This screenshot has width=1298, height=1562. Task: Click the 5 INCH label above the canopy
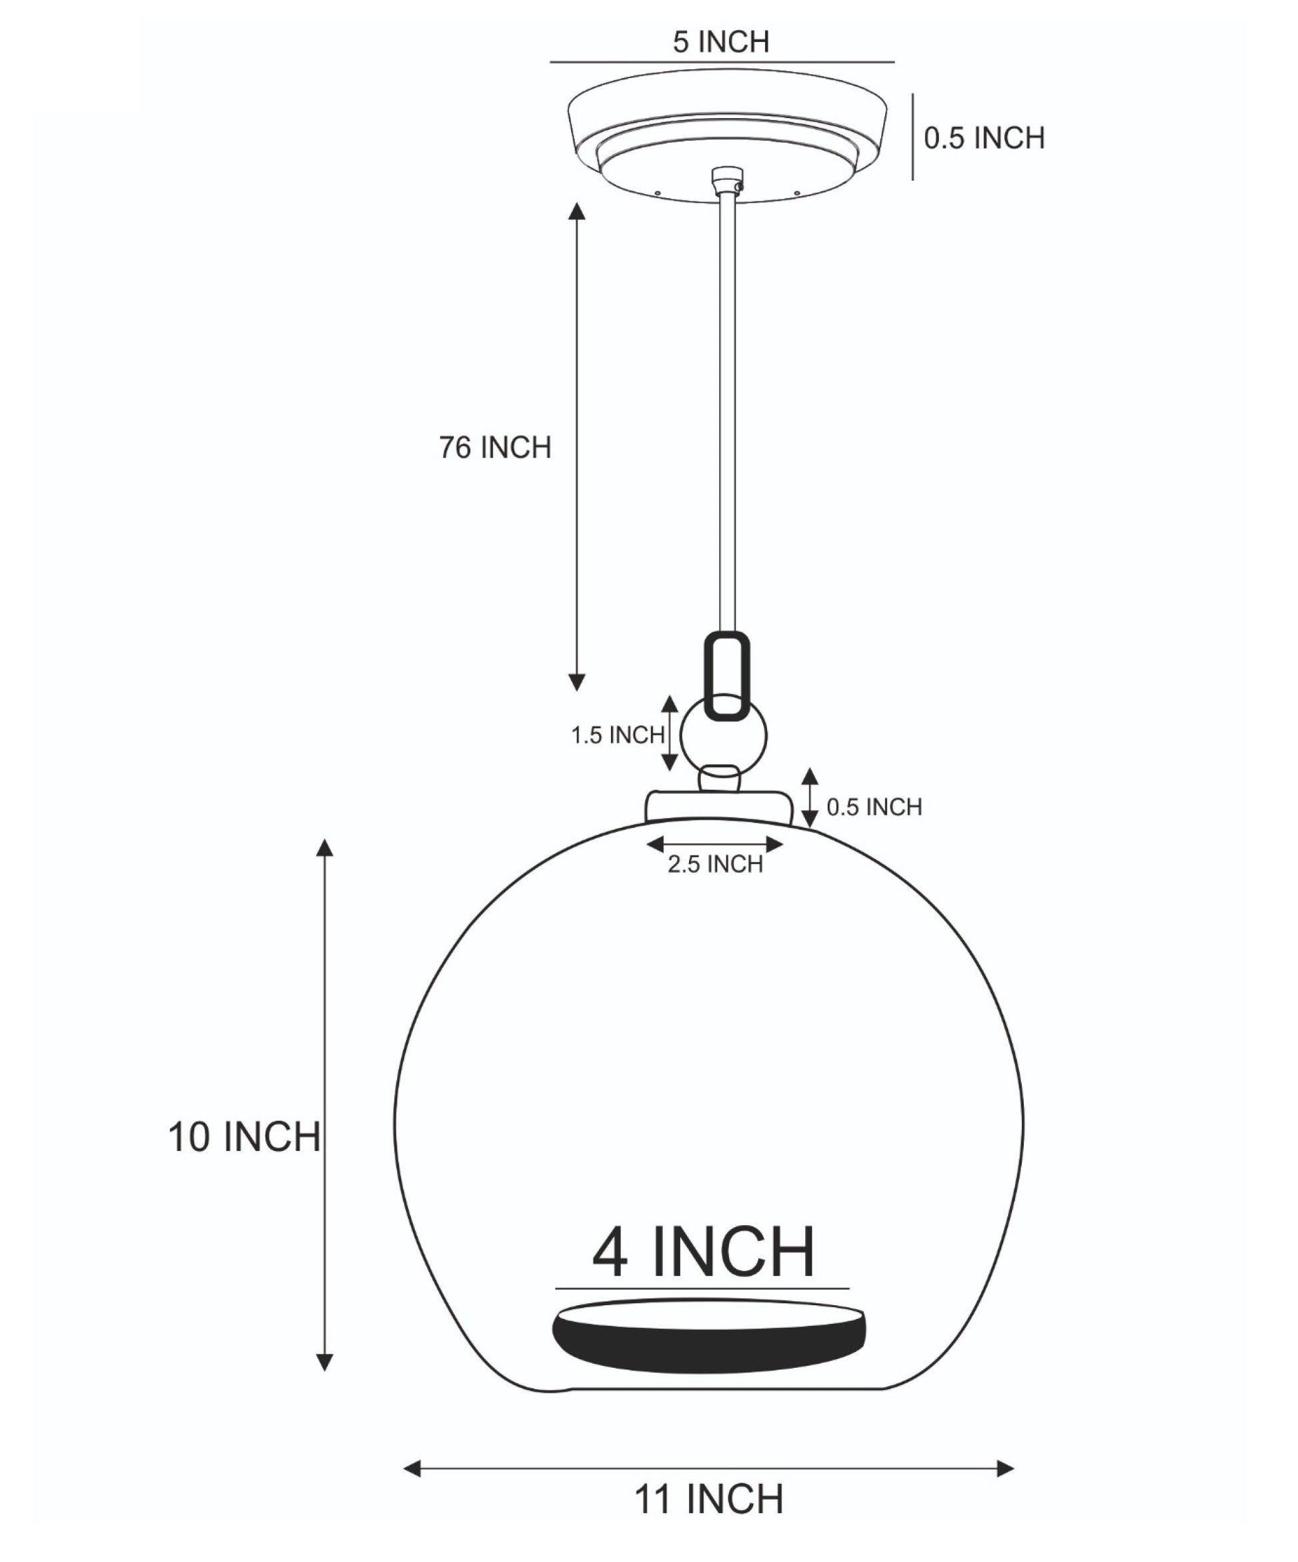click(720, 43)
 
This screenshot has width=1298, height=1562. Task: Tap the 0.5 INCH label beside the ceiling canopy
click(984, 138)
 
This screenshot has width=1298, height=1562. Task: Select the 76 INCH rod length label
click(495, 448)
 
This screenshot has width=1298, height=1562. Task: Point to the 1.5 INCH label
click(618, 735)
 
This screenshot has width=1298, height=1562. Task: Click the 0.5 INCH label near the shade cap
click(874, 807)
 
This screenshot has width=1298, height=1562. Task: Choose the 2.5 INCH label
click(715, 864)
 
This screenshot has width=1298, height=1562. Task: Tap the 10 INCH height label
click(245, 1137)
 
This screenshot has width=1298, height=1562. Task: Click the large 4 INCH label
click(703, 1253)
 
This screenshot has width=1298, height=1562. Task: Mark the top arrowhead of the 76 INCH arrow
click(577, 210)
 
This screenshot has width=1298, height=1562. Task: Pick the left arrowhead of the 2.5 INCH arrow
click(655, 844)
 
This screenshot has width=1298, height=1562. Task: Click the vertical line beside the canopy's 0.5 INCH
click(913, 136)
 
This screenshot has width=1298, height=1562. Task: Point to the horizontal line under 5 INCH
click(722, 63)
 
